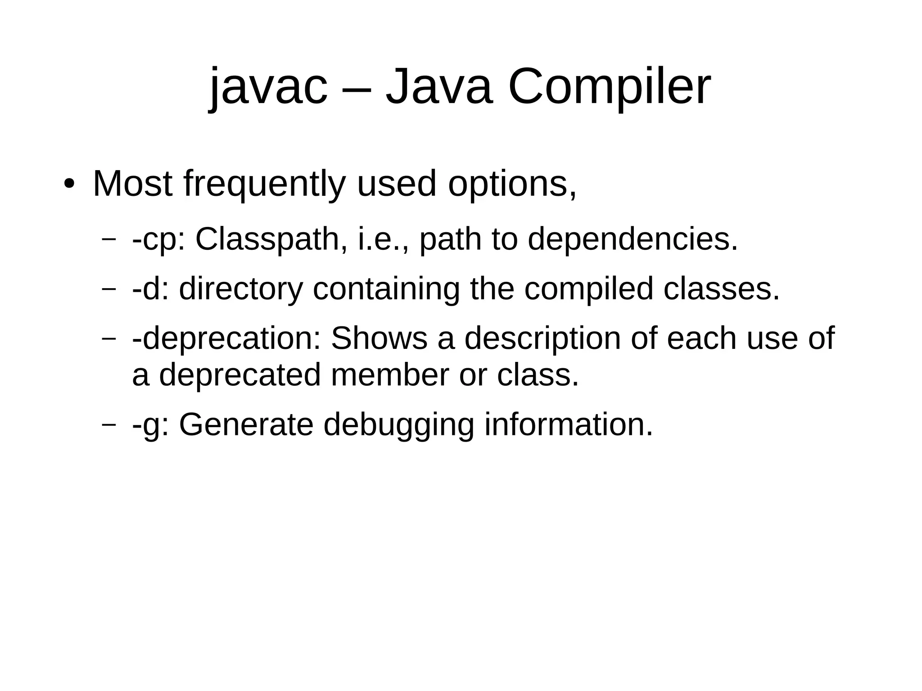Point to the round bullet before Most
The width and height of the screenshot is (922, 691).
click(68, 185)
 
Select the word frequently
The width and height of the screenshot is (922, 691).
click(265, 185)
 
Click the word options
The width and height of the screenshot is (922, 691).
click(512, 185)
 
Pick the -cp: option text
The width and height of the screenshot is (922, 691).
click(158, 239)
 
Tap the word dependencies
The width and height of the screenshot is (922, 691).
click(633, 239)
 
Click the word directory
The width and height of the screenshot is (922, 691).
click(241, 289)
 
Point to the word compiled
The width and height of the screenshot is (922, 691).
click(589, 289)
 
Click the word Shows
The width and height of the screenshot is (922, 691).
click(379, 339)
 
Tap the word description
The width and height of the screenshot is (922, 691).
click(542, 339)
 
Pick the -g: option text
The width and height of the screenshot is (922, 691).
click(151, 425)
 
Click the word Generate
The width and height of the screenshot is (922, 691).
click(246, 425)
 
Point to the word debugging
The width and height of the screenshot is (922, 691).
click(399, 425)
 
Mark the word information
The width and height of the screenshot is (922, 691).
click(568, 425)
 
